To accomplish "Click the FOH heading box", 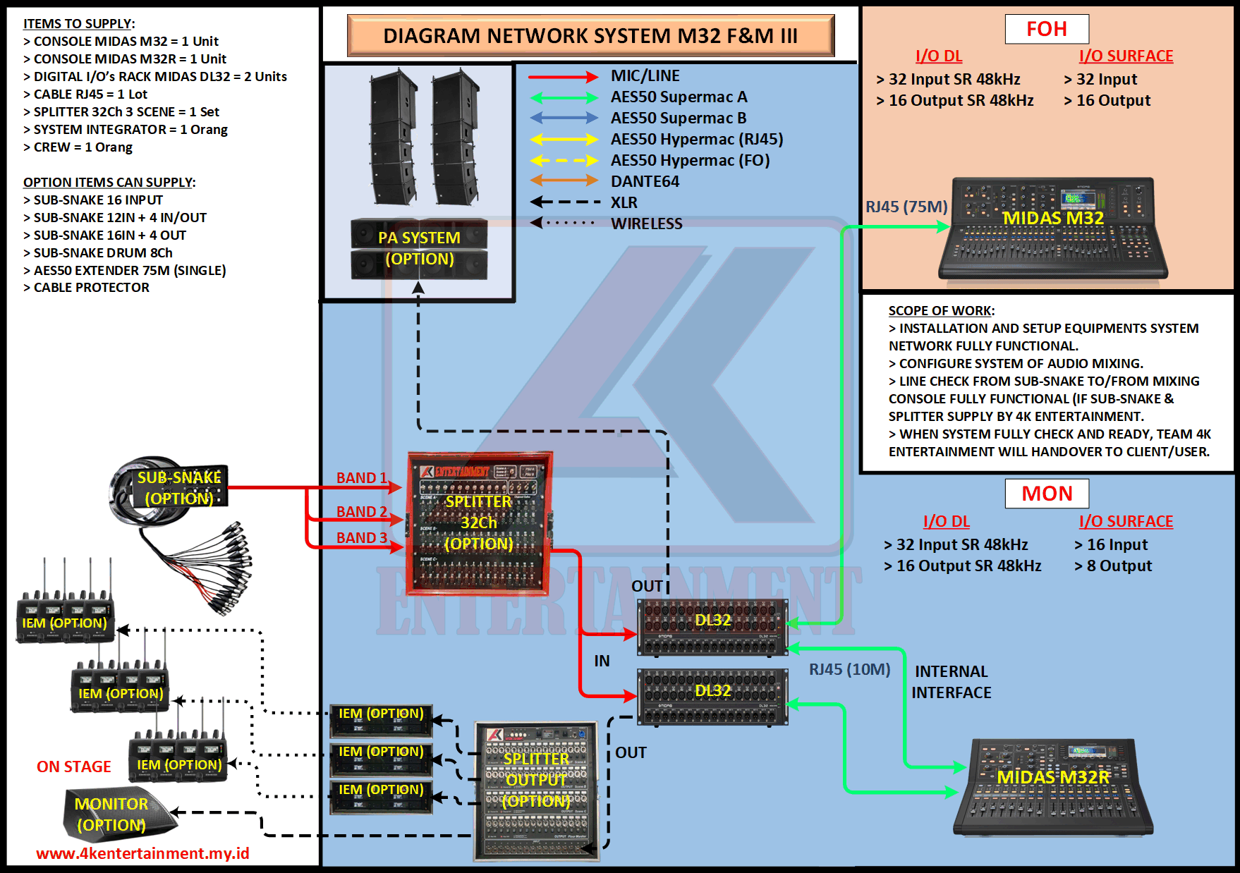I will [1047, 29].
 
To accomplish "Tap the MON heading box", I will [1047, 494].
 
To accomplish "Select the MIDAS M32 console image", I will [1052, 228].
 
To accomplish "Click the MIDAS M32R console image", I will [1052, 787].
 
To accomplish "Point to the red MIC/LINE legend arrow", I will [563, 77].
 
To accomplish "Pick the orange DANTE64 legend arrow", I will [563, 181].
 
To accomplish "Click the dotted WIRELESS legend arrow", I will [563, 223].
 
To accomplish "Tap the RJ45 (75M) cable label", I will [906, 207].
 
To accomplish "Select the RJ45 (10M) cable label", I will [849, 669].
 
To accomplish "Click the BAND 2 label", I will [361, 512].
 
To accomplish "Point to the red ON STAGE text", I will [73, 767].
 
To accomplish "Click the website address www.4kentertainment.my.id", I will [142, 853].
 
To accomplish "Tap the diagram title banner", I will [590, 35].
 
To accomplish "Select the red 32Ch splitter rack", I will [479, 523].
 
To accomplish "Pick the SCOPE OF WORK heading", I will [941, 311].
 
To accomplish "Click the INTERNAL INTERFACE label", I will [951, 682].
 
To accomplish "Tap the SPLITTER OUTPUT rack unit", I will [536, 790].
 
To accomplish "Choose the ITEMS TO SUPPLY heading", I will [79, 24].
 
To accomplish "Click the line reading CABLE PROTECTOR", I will [91, 288].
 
